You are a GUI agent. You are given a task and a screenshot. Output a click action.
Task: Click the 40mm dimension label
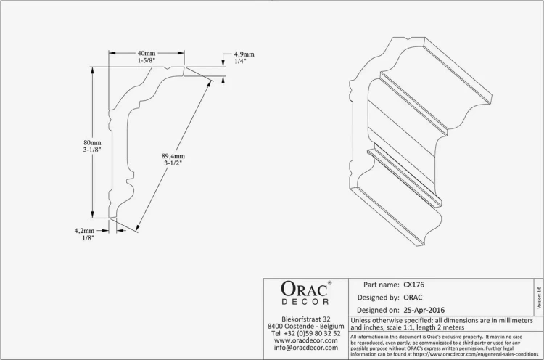[147, 53]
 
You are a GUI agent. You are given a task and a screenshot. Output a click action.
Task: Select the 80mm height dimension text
[92, 142]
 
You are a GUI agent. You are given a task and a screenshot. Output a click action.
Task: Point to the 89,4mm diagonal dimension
[173, 156]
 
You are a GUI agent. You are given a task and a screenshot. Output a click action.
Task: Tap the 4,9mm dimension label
[244, 54]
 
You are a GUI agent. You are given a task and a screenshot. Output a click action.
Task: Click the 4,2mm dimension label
[84, 231]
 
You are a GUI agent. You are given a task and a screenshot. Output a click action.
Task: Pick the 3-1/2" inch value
[173, 163]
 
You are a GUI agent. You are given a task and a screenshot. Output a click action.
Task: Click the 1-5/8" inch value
[147, 60]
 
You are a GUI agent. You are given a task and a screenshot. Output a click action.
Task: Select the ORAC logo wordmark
[304, 289]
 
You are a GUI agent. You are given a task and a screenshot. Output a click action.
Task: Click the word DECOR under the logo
[305, 302]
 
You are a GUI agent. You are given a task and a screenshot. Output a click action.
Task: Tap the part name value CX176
[414, 285]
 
